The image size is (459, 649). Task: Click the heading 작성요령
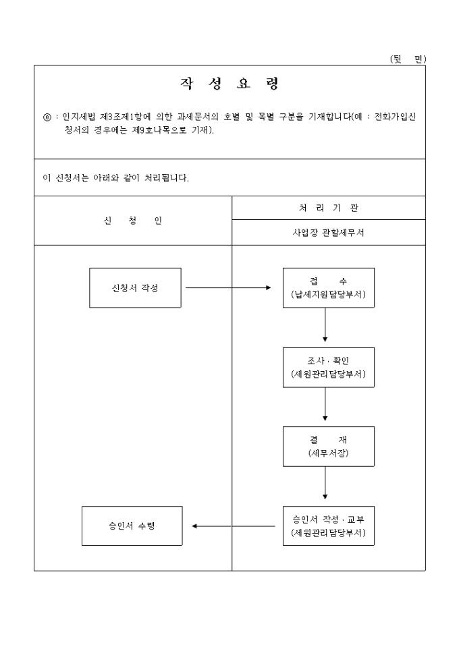click(230, 84)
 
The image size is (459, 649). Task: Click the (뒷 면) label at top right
click(408, 59)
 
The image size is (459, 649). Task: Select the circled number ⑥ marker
click(47, 117)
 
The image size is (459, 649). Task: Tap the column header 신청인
click(133, 221)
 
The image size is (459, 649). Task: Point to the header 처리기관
click(329, 208)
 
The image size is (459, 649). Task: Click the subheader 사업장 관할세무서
click(329, 233)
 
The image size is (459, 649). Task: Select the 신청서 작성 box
click(135, 287)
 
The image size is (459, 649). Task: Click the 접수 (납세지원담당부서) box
click(329, 287)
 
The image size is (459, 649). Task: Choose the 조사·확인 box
click(329, 367)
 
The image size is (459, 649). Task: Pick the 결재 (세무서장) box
click(329, 446)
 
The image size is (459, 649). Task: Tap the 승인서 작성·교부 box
click(329, 526)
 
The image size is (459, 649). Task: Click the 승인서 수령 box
click(132, 526)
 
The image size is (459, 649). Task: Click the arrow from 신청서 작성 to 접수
click(228, 287)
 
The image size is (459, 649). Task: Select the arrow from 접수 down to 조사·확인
click(325, 324)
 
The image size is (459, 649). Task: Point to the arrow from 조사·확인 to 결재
click(325, 404)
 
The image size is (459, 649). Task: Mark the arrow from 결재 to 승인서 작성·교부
click(325, 483)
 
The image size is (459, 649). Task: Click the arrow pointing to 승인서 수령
click(233, 526)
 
